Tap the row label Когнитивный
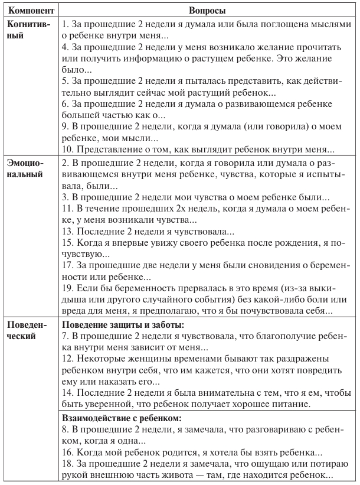click(29, 30)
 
